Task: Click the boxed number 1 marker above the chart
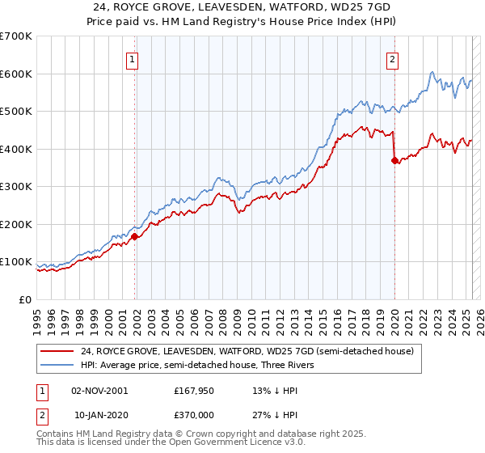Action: pyautogui.click(x=131, y=58)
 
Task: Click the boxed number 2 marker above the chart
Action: pyautogui.click(x=392, y=58)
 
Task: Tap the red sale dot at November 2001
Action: pyautogui.click(x=135, y=236)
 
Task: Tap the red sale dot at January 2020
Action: pyautogui.click(x=394, y=160)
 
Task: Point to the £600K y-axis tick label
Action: pyautogui.click(x=16, y=74)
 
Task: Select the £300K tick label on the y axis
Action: pyautogui.click(x=16, y=186)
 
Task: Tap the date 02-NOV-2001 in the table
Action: pyautogui.click(x=99, y=390)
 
